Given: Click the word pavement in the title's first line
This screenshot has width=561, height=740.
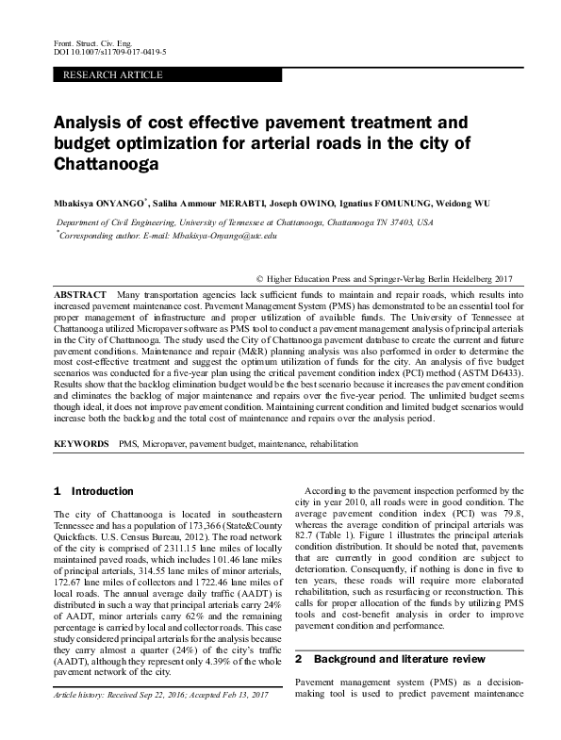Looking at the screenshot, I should pos(286,123).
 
